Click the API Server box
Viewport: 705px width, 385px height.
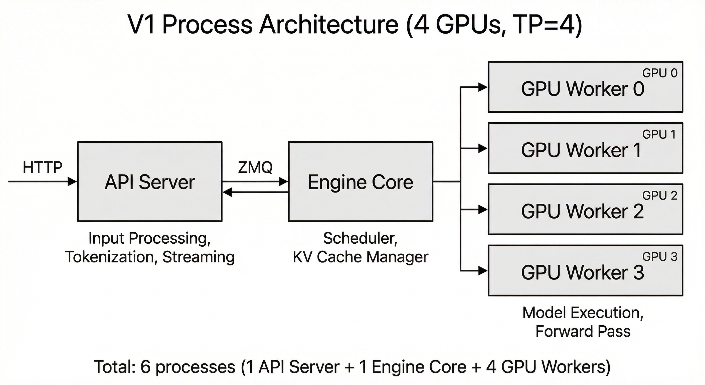pos(150,181)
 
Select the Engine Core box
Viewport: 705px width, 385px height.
pos(361,181)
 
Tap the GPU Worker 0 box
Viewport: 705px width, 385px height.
pos(585,87)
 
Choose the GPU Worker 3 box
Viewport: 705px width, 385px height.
pos(585,270)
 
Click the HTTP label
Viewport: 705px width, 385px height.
pos(42,167)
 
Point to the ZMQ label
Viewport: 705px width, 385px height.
pos(255,167)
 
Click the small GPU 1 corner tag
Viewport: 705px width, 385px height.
pos(659,134)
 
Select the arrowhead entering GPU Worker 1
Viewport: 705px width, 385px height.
pos(482,149)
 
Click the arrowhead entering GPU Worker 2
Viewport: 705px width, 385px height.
pos(482,210)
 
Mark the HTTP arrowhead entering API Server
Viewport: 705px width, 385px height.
pos(72,181)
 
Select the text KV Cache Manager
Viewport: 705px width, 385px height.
pos(361,257)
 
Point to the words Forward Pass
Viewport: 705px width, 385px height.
pos(583,331)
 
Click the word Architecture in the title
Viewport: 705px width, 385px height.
pos(328,25)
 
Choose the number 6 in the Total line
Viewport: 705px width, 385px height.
pos(145,367)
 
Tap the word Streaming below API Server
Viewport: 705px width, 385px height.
pos(199,257)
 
